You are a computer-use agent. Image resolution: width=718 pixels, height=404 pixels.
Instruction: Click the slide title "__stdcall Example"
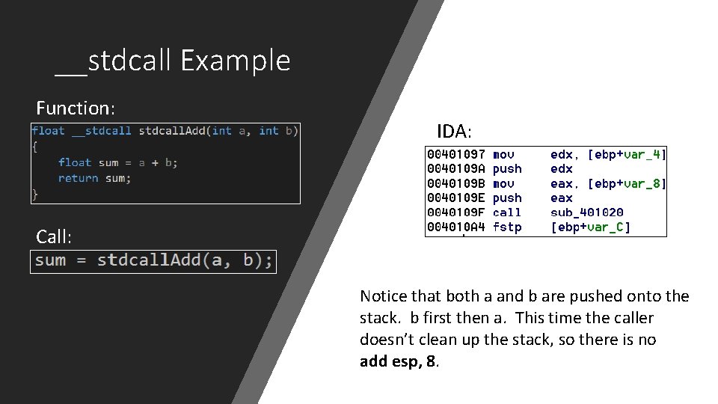(x=173, y=60)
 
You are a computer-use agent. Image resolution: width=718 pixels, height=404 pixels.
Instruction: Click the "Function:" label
(x=76, y=108)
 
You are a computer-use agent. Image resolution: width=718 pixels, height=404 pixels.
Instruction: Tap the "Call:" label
(x=55, y=237)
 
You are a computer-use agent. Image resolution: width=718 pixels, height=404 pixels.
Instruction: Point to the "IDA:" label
(x=455, y=132)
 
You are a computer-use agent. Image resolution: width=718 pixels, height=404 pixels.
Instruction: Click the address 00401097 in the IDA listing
(x=456, y=154)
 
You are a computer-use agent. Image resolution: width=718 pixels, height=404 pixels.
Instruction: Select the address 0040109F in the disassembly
(x=456, y=212)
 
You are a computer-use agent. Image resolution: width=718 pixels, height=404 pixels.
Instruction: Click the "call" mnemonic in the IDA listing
(x=507, y=212)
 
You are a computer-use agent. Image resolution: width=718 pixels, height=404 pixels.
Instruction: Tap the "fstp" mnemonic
(x=507, y=227)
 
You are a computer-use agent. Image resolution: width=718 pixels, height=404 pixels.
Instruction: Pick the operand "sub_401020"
(x=587, y=212)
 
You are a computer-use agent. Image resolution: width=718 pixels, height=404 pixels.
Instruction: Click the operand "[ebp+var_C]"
(x=591, y=227)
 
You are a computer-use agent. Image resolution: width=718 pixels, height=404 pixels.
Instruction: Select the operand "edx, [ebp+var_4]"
(x=608, y=154)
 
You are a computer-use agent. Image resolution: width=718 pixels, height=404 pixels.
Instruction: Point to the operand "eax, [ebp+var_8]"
(x=608, y=183)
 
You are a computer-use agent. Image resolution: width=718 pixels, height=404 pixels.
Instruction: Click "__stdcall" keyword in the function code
(x=102, y=131)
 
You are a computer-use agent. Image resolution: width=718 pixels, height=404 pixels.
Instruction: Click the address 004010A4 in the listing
(x=456, y=227)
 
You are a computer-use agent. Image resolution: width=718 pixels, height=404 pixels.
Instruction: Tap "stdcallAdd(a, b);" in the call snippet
(x=185, y=260)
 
